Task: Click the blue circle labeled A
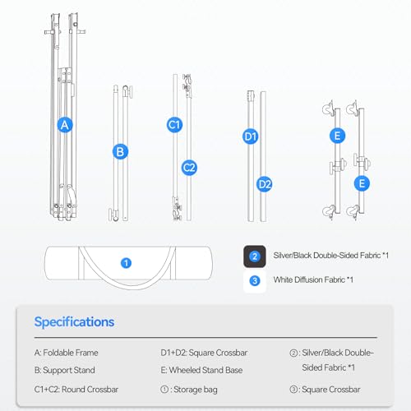tap(65, 125)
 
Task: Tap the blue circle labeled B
tap(120, 151)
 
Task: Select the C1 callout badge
tap(174, 125)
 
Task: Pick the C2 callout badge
tap(189, 168)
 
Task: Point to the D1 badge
tap(251, 136)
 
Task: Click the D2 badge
tap(265, 184)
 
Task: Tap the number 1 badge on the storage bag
tap(126, 263)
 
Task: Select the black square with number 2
tap(255, 256)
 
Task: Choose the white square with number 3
tap(255, 281)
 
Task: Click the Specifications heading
tap(74, 322)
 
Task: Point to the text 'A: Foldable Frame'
tap(67, 353)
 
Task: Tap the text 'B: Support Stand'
tap(65, 370)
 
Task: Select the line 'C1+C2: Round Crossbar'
tap(76, 390)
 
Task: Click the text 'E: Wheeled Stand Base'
tap(201, 370)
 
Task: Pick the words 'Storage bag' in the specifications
tap(196, 390)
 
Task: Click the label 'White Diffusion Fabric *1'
tap(313, 279)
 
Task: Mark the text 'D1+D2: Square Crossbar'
tap(204, 353)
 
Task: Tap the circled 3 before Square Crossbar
tap(293, 390)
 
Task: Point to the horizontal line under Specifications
tap(205, 338)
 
